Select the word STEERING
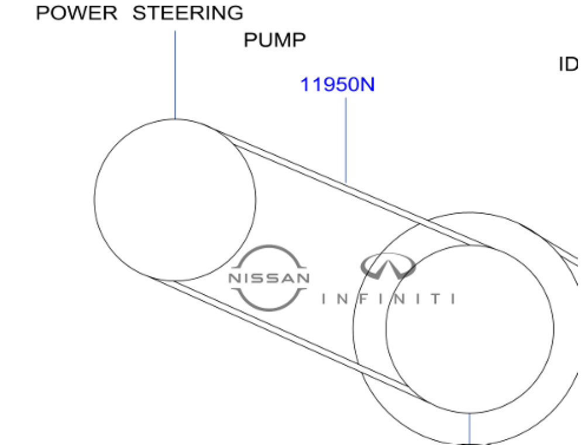[x=188, y=13]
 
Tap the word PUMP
[x=274, y=40]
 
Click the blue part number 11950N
[x=337, y=85]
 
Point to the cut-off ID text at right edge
[x=569, y=64]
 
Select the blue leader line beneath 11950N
[x=346, y=141]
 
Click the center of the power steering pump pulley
[x=175, y=200]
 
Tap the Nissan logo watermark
[x=269, y=278]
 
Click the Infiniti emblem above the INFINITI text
[x=388, y=266]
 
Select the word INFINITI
[x=388, y=299]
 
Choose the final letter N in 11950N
[x=366, y=85]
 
